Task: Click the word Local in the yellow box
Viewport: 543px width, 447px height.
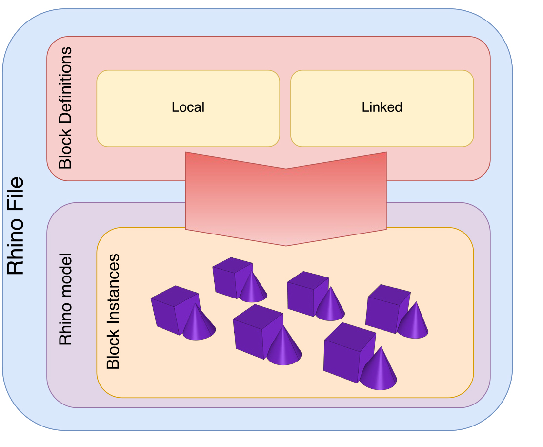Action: pos(188,107)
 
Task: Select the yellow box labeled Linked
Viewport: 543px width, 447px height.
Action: pos(382,108)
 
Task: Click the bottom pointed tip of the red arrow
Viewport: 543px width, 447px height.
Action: pos(287,245)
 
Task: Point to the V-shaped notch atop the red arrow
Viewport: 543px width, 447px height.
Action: pos(286,169)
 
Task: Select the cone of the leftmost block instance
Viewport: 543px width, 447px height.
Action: pos(198,325)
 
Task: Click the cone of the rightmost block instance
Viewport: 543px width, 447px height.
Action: pos(413,322)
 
